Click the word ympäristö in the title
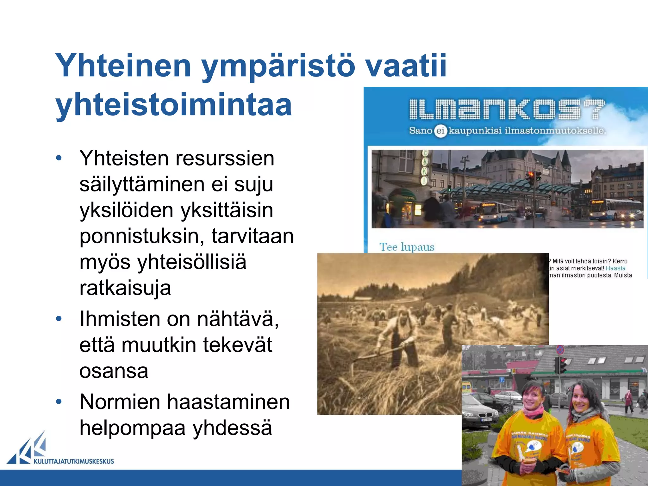278,66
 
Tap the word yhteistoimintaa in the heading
173,105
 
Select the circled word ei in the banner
440,131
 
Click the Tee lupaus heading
407,247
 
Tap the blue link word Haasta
615,268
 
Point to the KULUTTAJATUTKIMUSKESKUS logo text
73,461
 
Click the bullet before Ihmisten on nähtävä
59,319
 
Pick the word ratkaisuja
125,288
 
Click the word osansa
114,371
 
